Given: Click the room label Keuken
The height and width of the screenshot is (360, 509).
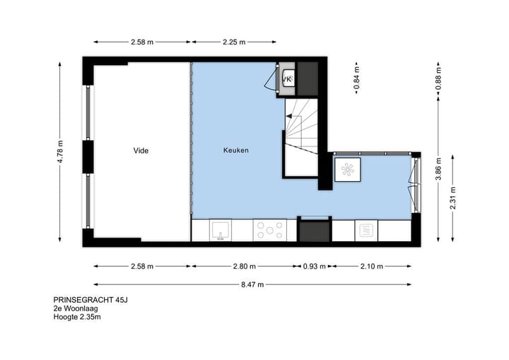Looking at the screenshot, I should point(236,151).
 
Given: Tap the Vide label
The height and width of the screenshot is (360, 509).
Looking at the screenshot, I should point(141,151).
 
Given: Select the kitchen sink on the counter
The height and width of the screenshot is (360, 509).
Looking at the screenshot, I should point(221,230).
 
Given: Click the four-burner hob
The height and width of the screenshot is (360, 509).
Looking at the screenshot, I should point(269,230).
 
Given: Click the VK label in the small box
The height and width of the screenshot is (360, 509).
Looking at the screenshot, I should point(287,79).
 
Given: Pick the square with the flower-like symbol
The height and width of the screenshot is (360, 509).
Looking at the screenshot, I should point(347,170).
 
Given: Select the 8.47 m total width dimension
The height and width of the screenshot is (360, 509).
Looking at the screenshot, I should point(251,284).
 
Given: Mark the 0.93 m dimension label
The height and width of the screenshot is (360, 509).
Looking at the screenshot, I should point(314,267).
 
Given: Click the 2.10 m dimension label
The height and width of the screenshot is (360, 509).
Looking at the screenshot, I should point(371,267).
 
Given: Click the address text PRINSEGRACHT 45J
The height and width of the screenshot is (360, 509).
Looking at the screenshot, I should point(90,299).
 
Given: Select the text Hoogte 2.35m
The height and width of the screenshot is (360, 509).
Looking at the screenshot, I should point(77,318).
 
